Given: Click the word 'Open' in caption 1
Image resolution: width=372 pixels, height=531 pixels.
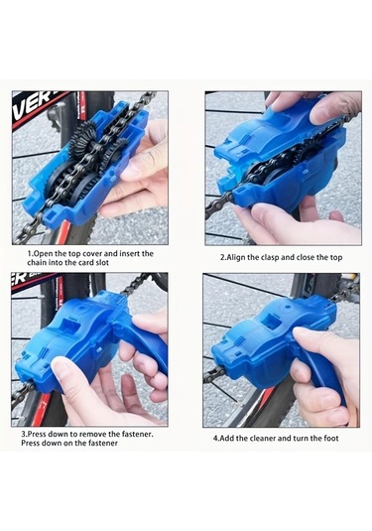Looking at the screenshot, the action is (44, 253).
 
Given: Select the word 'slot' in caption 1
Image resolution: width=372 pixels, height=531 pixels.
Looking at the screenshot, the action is (102, 262).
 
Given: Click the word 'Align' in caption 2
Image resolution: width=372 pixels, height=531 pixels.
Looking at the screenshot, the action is (235, 257).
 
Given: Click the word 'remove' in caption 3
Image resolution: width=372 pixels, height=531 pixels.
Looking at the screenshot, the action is (91, 434).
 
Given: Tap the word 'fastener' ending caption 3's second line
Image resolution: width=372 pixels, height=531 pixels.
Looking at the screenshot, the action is (103, 443).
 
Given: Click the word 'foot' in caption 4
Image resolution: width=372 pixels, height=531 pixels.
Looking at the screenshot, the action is (331, 438).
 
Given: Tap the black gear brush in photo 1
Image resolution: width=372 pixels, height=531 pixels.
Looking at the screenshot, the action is (83, 140).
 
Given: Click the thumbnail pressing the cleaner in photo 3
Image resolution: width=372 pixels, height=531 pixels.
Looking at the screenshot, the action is (60, 368).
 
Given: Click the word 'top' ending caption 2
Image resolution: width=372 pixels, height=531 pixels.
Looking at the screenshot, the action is (335, 257).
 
